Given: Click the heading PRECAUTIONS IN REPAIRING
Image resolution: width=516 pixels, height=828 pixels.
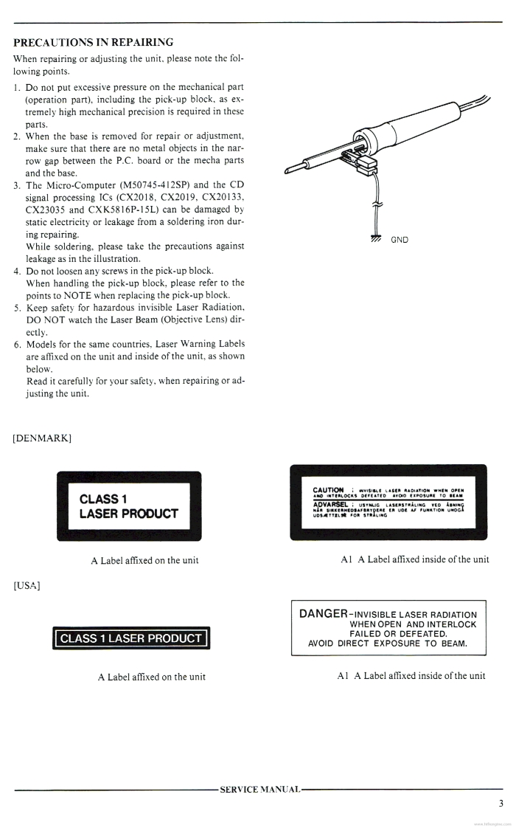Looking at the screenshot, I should click(94, 42).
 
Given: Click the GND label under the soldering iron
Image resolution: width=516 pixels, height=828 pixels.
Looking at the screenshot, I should click(398, 240).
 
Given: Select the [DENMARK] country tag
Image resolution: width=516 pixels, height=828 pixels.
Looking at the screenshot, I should click(42, 438).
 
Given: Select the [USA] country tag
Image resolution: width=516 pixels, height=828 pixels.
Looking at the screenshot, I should click(27, 586).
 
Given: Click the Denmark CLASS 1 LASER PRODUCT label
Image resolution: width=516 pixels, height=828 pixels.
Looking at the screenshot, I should click(128, 506).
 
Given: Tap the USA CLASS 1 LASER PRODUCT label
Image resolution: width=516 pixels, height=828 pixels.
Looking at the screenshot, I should click(130, 638).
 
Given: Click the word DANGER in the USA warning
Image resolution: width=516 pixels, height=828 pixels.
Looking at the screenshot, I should click(324, 614).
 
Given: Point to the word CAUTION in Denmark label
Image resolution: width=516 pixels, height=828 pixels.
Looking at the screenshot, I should click(329, 489).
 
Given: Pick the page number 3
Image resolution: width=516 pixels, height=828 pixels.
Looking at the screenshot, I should click(501, 804).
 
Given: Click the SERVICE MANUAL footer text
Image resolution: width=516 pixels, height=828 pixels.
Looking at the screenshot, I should click(260, 789).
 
